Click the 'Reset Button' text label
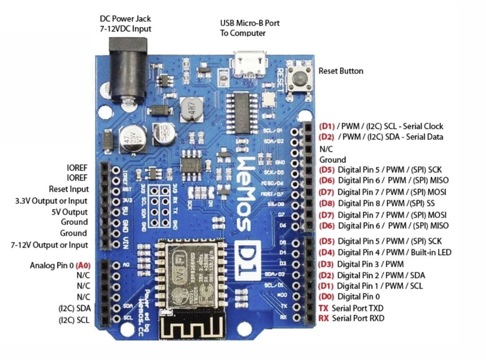(x=341, y=71)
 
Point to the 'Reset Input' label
(x=68, y=189)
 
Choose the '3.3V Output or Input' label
(x=51, y=200)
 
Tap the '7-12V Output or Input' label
(x=49, y=245)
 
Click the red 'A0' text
(x=83, y=265)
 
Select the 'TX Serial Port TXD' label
(x=351, y=308)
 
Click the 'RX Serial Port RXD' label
(x=351, y=318)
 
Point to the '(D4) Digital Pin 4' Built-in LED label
(x=385, y=252)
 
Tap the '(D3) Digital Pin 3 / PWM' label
(x=361, y=264)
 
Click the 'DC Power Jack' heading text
(x=125, y=19)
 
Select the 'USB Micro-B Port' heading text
(x=249, y=23)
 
